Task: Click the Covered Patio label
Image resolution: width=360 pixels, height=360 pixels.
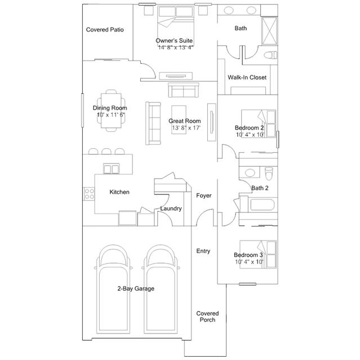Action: coord(105,30)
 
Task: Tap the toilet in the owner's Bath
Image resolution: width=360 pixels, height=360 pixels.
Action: coord(270,55)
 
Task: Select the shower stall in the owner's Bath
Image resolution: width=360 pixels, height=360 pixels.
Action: coord(269,31)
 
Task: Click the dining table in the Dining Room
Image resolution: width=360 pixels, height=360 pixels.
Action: coord(111,110)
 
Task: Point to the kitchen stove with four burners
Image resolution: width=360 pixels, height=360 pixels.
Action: coord(89,194)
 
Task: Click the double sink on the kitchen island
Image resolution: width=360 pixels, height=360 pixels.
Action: coord(112,168)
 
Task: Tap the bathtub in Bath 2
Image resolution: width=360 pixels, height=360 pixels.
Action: coord(263,205)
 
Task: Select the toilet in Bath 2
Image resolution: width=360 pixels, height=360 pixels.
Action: coord(269,174)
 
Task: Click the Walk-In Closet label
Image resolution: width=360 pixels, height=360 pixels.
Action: coord(247,77)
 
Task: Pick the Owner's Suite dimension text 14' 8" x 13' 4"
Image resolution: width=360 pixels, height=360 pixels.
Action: coord(176,47)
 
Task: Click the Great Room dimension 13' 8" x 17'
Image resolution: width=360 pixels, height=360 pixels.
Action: coord(186,128)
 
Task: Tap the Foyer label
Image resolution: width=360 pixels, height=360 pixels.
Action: coord(203,195)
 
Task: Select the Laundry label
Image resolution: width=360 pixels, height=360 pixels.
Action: coord(171,208)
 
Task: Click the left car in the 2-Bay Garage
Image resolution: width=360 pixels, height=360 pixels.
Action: coord(113,289)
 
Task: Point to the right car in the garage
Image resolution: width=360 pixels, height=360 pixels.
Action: coord(161,289)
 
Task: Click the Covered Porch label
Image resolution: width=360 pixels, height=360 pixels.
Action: coord(207,317)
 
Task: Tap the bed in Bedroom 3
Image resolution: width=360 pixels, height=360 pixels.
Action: coord(258,255)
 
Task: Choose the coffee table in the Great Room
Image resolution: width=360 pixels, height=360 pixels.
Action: coord(179,119)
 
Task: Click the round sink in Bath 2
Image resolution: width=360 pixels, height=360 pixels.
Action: coord(250,172)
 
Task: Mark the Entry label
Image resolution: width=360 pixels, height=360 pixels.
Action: coord(203,251)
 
